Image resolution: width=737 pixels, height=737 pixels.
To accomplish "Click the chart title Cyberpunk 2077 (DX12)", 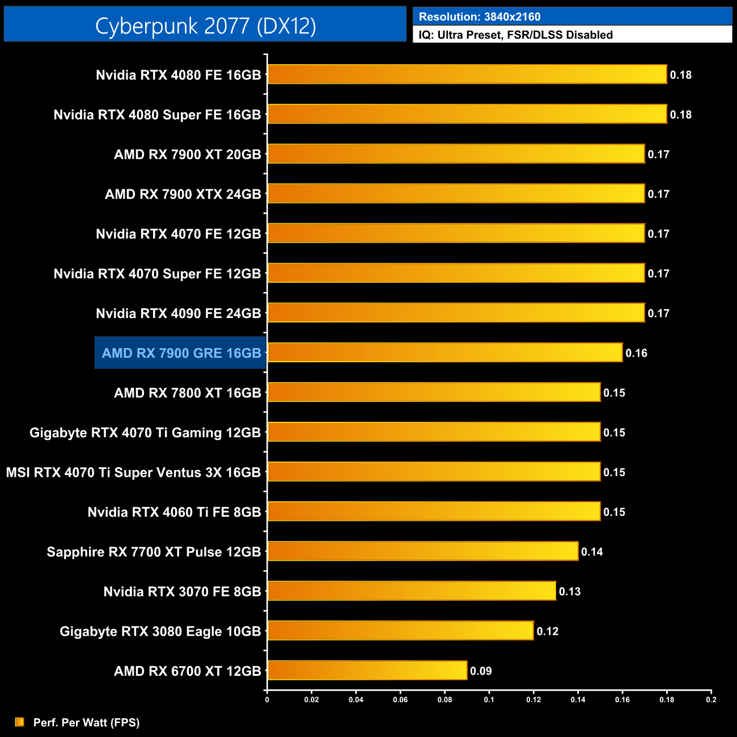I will [205, 26].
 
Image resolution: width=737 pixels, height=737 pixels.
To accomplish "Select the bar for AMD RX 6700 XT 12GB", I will [367, 671].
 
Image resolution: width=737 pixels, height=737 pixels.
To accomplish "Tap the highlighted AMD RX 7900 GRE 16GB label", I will [181, 353].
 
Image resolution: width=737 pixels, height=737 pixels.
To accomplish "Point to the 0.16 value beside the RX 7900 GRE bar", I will [636, 353].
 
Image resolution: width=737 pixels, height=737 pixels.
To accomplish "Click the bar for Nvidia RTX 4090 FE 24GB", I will [456, 313].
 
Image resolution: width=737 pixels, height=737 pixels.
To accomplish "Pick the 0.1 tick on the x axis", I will [489, 700].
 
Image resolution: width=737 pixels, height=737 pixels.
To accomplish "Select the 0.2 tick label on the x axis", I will [711, 700].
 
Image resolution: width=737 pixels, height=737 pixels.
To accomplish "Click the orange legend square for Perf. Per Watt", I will [20, 722].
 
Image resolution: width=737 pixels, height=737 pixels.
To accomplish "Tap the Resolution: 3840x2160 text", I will [480, 17].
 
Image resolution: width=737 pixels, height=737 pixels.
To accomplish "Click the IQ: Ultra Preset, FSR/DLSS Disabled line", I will [516, 35].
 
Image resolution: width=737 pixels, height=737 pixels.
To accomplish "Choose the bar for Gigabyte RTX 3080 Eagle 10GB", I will [401, 630].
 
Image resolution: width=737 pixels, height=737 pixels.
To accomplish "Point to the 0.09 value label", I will [481, 671].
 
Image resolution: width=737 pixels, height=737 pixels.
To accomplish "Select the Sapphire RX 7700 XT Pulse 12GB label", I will [154, 552].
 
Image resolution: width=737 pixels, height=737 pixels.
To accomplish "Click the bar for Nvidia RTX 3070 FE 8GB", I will [412, 591].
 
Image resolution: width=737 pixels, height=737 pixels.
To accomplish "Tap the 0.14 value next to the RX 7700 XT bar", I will [592, 552].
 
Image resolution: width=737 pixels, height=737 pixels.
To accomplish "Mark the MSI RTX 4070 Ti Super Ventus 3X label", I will [133, 473].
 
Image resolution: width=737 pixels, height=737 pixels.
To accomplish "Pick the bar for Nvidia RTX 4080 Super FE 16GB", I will [467, 114].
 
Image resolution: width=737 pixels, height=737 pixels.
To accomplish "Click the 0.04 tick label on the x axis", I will [356, 700].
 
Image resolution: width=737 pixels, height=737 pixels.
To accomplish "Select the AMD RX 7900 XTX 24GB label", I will [183, 194].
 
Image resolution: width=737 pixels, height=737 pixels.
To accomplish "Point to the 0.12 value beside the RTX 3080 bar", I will [548, 632].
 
